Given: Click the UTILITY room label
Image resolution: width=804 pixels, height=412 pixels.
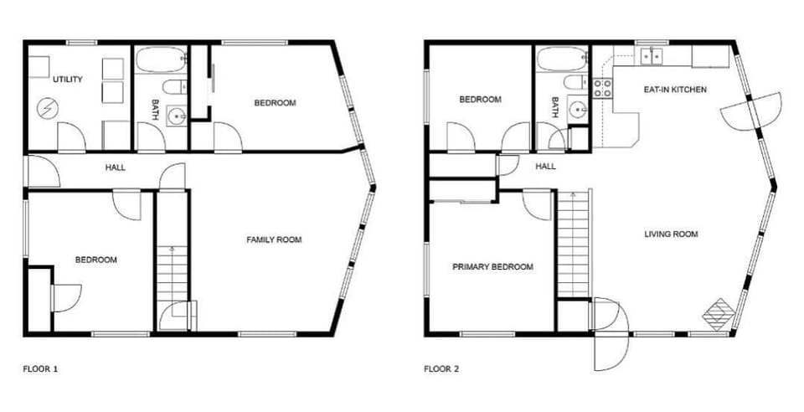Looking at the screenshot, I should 68,80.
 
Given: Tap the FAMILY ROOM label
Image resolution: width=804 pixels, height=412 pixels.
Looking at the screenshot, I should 273,240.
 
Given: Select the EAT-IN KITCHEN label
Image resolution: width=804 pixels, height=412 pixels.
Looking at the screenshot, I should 674,89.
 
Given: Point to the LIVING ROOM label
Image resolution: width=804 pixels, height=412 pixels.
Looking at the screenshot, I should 671,234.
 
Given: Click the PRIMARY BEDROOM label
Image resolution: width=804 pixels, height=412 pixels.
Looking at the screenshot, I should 492,267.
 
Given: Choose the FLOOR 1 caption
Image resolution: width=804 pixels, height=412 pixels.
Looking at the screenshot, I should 39,368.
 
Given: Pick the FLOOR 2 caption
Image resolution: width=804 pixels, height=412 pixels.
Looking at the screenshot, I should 441,368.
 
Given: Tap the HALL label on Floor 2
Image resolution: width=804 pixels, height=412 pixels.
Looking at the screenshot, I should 545,167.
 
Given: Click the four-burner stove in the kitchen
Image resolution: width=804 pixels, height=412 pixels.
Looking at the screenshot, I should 603,88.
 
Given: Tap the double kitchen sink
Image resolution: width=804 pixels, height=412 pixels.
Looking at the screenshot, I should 651,56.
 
